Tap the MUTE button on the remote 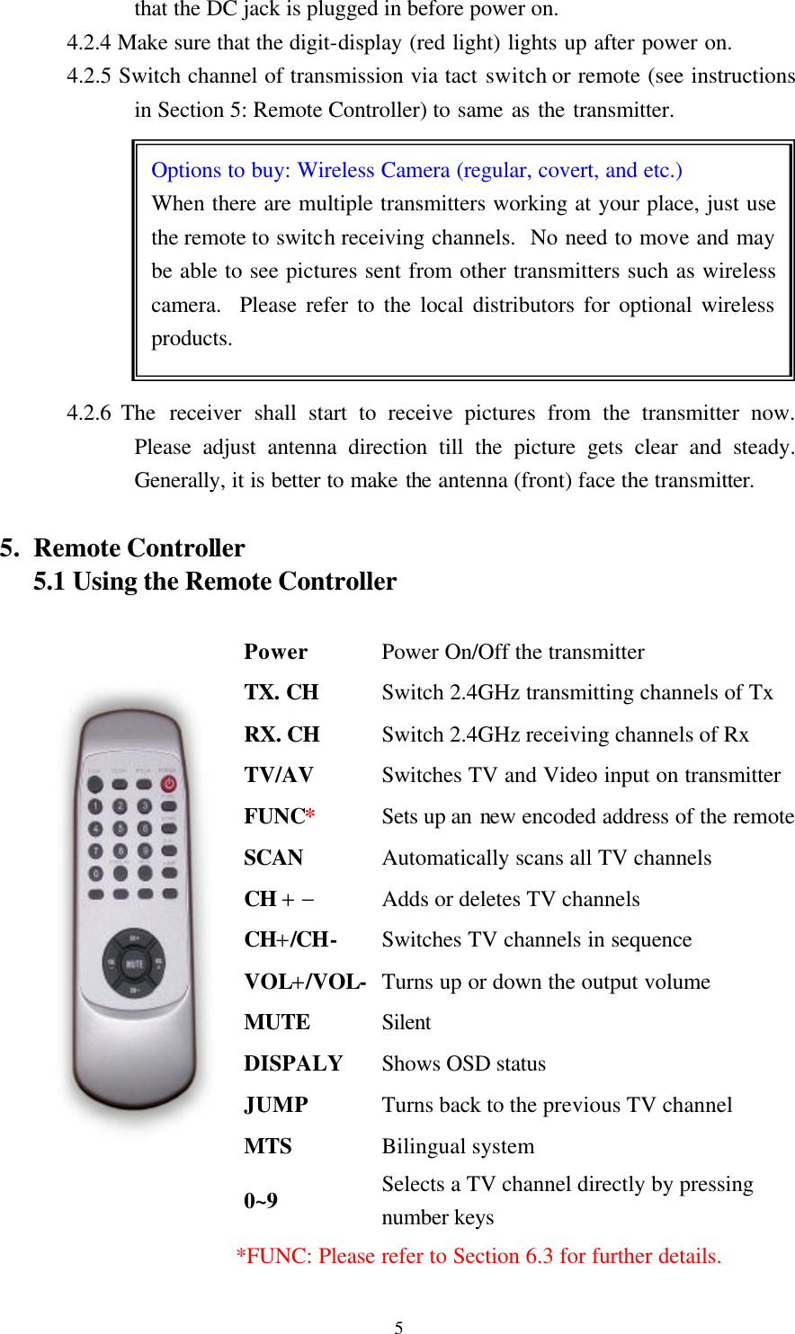134,964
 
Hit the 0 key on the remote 95,872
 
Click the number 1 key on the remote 95,806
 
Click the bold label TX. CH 281,692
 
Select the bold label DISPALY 293,1063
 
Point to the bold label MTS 267,1146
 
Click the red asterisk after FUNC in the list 309,816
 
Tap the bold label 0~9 261,1201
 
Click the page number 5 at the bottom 398,1327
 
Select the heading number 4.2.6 89,414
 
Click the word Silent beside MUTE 406,1022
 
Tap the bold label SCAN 273,858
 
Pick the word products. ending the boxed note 192,339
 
